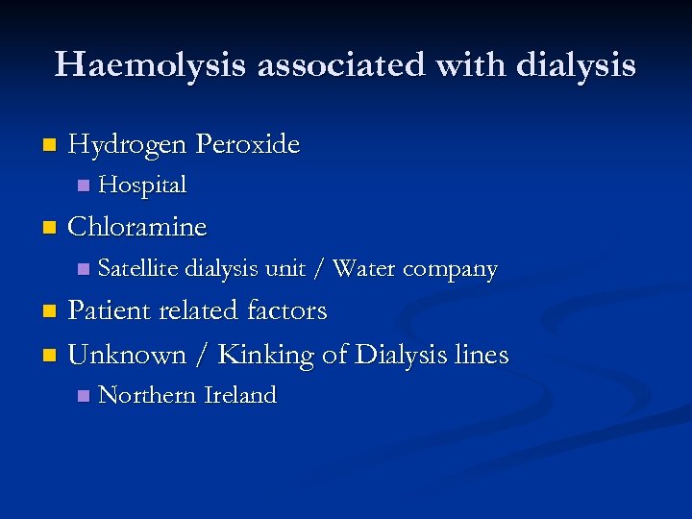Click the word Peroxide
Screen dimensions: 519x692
tap(247, 145)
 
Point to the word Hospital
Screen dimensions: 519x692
tap(142, 185)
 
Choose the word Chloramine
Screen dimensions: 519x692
tap(137, 227)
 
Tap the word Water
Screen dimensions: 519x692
tap(364, 269)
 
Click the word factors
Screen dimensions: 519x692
tap(286, 311)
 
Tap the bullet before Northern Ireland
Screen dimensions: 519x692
tap(83, 396)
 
